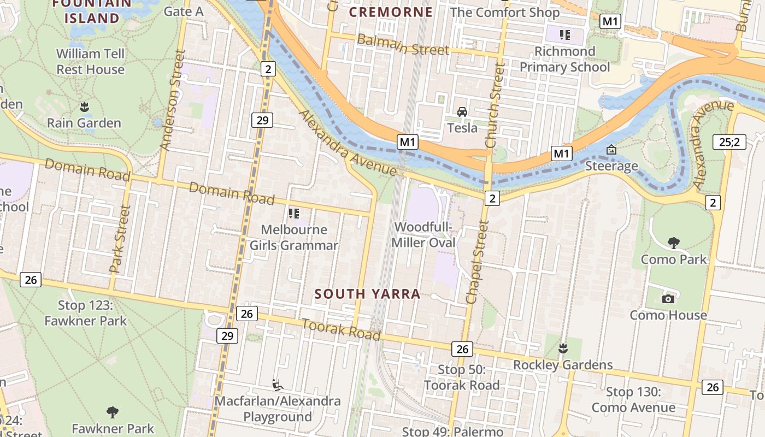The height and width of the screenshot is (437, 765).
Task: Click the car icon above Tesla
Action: [462, 112]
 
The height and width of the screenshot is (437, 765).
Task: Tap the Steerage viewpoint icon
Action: [611, 150]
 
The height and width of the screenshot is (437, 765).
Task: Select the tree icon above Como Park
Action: [674, 243]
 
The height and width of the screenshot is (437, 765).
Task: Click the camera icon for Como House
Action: [668, 299]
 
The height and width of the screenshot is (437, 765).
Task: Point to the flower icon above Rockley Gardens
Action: [563, 349]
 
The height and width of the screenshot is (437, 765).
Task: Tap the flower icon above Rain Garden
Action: [84, 107]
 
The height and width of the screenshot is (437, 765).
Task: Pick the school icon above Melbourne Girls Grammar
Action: [294, 213]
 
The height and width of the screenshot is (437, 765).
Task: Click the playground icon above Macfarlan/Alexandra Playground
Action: [278, 385]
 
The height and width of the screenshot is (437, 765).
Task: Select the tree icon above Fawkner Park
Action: [113, 412]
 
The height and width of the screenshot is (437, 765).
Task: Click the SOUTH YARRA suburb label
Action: [367, 294]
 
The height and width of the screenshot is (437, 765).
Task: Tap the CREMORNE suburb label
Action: [391, 12]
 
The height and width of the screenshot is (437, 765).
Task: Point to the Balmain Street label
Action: [403, 45]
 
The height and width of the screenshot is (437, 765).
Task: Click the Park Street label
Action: [120, 239]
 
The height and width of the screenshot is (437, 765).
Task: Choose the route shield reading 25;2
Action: [729, 142]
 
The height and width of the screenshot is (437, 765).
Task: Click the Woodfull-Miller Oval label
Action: [424, 234]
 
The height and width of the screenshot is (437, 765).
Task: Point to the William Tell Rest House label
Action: [91, 62]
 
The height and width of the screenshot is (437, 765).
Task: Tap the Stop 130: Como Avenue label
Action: [634, 400]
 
